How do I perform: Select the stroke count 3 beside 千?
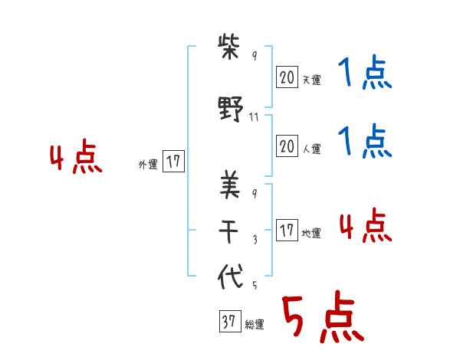point(255,239)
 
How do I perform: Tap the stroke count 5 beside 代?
point(255,285)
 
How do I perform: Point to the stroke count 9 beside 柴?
point(255,57)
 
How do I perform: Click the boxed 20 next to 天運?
point(287,77)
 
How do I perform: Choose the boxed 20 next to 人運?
point(287,146)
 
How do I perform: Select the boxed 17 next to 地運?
point(287,231)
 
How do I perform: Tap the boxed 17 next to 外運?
point(173,162)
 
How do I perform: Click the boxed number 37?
point(228,322)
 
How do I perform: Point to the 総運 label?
point(255,325)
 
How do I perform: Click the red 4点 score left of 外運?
point(75,159)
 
